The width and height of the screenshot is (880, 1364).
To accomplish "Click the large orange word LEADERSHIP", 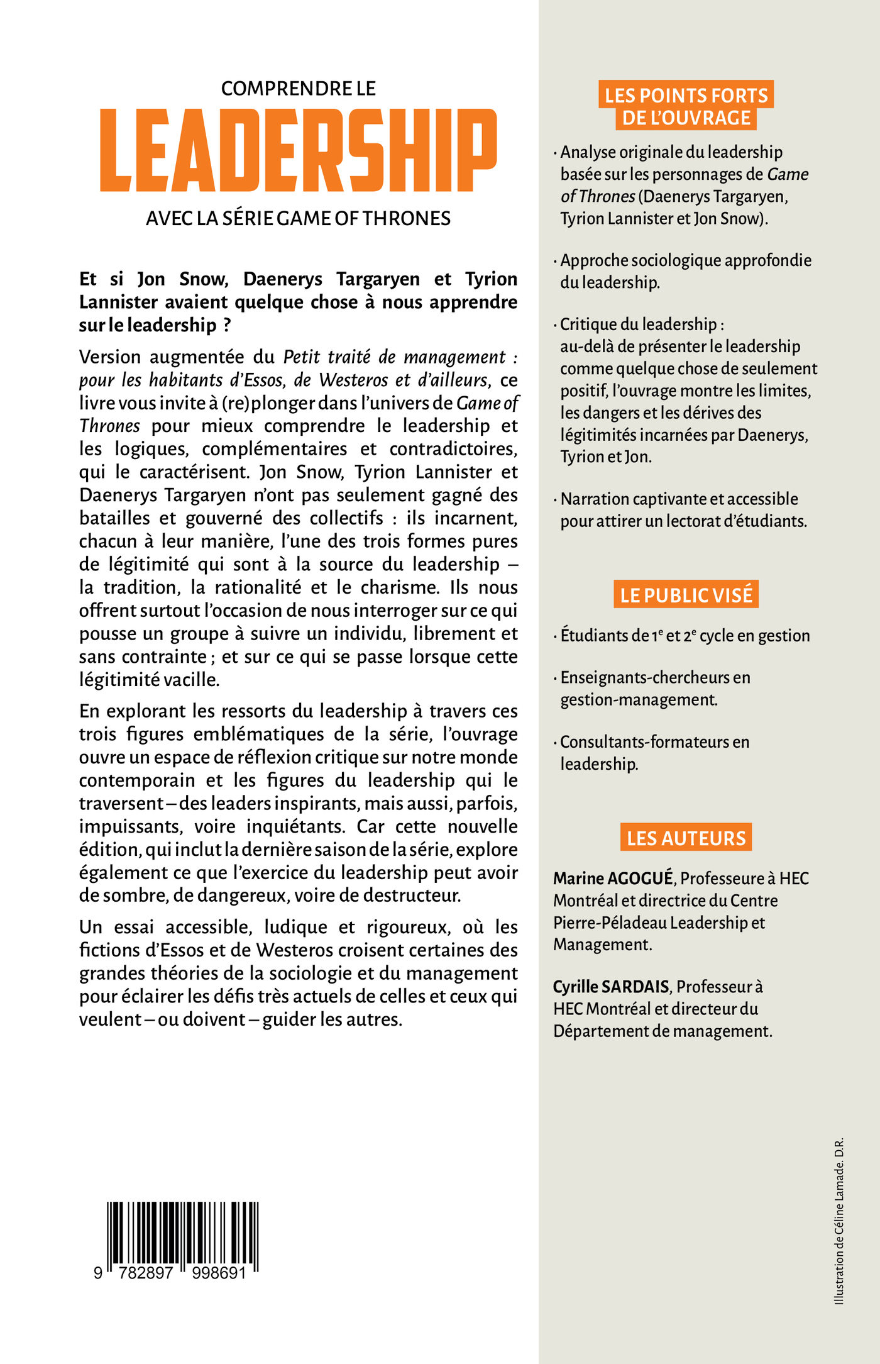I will [299, 150].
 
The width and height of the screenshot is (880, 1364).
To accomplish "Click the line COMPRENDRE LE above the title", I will [299, 89].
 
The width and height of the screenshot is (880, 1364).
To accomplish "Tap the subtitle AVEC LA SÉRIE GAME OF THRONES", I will [299, 218].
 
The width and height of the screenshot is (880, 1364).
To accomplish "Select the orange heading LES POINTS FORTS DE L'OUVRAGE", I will [686, 106].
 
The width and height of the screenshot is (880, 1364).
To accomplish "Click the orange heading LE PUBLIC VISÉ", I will [686, 595].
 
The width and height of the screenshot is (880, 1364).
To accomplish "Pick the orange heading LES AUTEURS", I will [686, 838].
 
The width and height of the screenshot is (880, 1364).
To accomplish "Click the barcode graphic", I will [183, 1236].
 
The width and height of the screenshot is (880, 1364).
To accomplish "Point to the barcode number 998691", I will [214, 1274].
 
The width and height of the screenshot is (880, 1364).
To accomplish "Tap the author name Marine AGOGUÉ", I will [613, 879].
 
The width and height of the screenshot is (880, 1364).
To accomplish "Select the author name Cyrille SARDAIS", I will [610, 987].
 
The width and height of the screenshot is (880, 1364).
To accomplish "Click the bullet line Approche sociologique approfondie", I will [686, 260].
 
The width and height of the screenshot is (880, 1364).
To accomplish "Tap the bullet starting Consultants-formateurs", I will [654, 742].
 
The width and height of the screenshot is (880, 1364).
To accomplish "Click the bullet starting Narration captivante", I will [679, 499].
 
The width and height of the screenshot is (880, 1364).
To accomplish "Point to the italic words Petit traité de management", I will [394, 357].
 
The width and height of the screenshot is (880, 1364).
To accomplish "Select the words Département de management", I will [663, 1031].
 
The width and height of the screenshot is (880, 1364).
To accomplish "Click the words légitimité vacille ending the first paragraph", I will [149, 680].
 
